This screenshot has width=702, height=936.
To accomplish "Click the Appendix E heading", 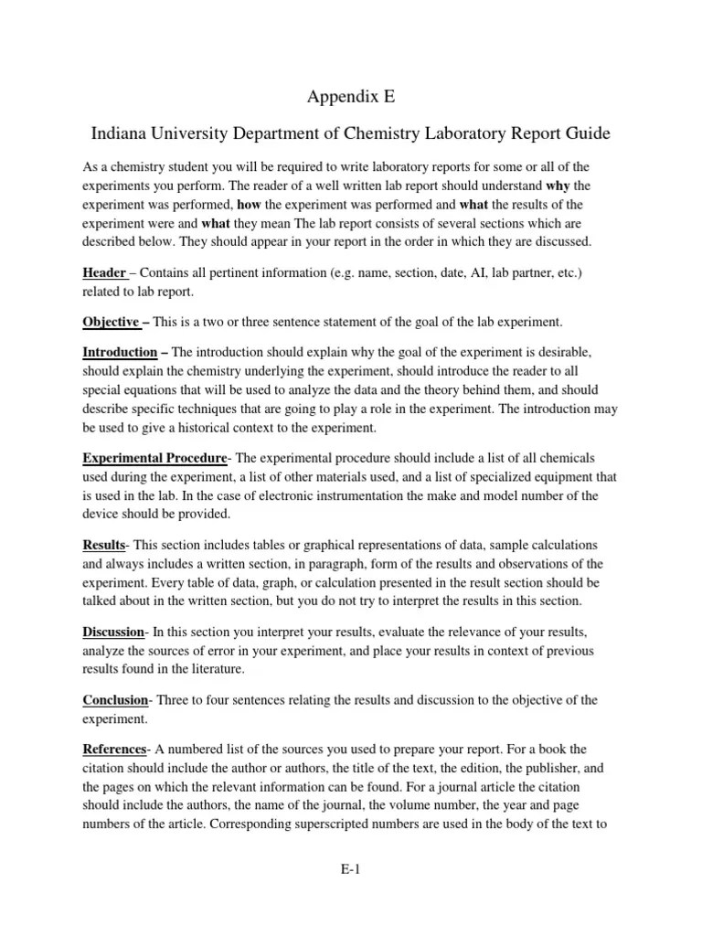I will click(350, 97).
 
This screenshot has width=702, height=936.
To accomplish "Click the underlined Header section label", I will click(104, 273).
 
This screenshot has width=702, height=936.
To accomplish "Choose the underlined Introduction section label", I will click(120, 352).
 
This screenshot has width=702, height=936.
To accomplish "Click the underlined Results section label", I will click(103, 544).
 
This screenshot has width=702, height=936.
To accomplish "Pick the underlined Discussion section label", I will click(113, 632).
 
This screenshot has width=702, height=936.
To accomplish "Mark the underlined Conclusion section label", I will click(115, 699).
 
